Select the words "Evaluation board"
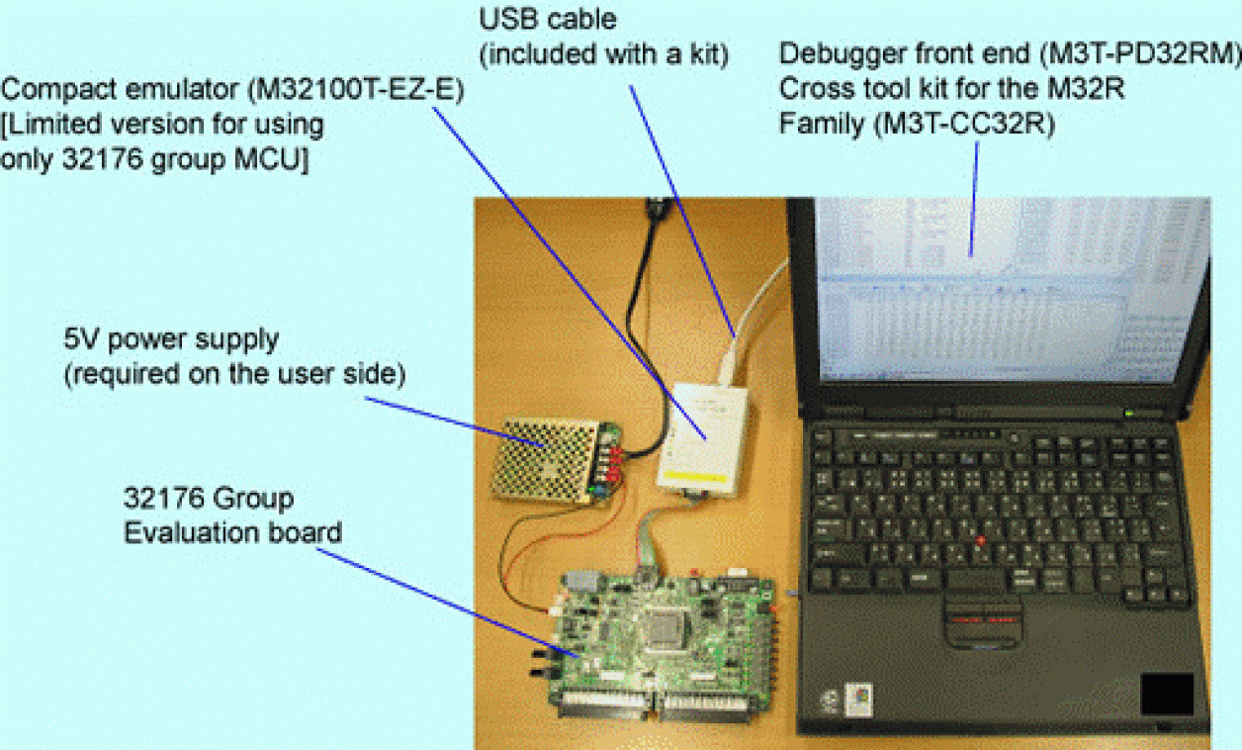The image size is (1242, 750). point(232,532)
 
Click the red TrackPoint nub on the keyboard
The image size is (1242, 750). point(981,540)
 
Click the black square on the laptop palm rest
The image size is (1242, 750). point(1166,694)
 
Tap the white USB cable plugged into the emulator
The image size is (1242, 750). point(737,346)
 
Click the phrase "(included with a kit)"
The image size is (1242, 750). point(603,54)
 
